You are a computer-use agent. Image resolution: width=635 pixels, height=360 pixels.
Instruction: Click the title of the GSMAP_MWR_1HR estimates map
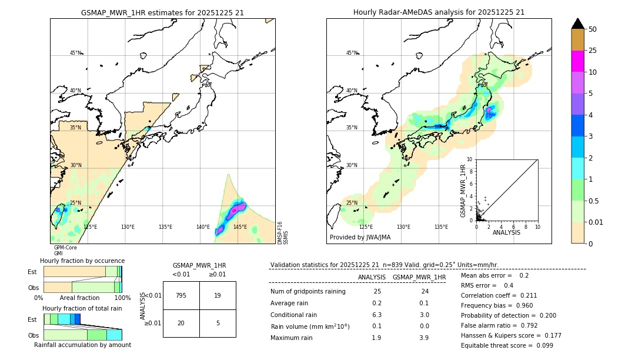pos(162,12)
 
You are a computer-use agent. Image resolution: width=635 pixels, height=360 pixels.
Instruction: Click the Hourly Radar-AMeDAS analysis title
pos(439,12)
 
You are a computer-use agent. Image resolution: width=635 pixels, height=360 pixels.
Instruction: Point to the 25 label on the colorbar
pos(593,51)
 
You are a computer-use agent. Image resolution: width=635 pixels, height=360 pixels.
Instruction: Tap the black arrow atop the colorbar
pos(578,24)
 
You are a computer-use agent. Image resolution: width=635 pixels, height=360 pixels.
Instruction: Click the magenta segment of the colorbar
pos(578,61)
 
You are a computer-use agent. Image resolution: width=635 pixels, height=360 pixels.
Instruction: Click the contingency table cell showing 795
pos(181,295)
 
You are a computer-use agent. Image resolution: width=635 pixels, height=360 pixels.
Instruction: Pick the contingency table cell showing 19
pos(218,295)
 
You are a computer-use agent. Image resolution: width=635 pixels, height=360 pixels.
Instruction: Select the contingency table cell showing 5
pos(218,323)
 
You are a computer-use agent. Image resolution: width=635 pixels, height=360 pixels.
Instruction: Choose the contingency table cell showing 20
pos(181,323)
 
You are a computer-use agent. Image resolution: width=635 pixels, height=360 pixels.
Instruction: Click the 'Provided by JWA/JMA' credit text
pos(360,238)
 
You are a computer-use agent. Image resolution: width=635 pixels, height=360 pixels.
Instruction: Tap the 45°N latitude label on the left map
pos(76,53)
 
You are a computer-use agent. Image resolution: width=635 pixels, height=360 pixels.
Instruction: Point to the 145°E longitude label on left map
pos(240,227)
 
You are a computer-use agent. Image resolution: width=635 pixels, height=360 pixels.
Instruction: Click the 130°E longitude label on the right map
pos(403,227)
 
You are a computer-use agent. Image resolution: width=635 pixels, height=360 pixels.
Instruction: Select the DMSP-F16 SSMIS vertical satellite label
pos(283,232)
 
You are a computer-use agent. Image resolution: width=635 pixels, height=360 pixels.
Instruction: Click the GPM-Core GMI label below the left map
pos(65,251)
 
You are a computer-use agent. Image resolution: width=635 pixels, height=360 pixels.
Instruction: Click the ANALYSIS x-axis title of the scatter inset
pos(507,232)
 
